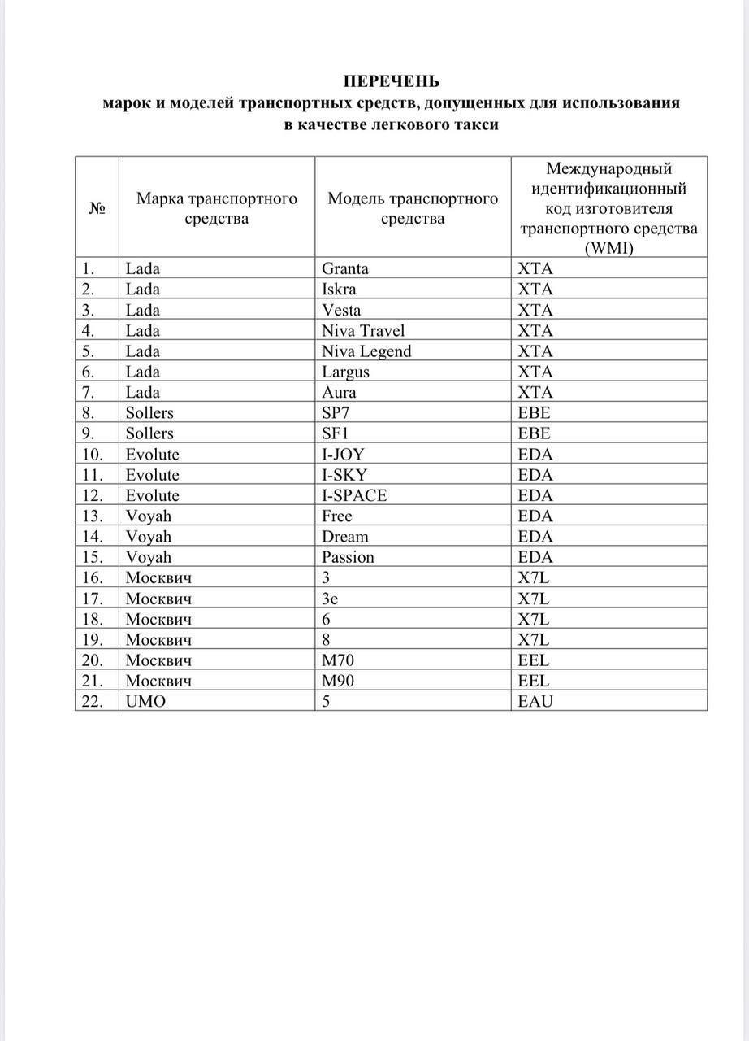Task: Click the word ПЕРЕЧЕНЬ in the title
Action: coord(391,81)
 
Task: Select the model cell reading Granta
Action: coord(345,268)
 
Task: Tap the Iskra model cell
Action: coord(339,289)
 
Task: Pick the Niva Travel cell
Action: coord(363,330)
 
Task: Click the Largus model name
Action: coord(345,372)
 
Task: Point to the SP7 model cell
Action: coord(336,412)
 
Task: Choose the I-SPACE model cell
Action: coord(354,495)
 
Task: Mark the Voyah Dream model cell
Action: coord(344,537)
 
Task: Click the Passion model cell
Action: coord(348,557)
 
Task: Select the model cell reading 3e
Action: coord(330,599)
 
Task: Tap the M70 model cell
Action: coord(338,660)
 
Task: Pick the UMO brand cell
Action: coord(145,701)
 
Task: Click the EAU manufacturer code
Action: coord(535,701)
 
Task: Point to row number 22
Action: coord(93,701)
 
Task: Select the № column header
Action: coord(97,208)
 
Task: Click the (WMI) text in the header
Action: coord(608,248)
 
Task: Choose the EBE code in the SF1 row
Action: coord(535,433)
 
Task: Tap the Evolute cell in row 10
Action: coord(152,454)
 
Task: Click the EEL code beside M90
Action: coord(534,681)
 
